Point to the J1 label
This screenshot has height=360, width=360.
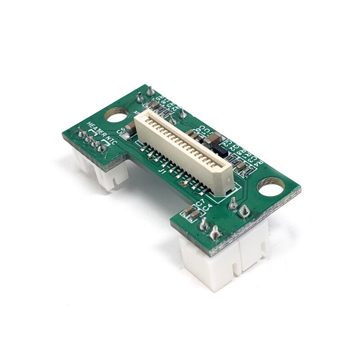click(162, 171)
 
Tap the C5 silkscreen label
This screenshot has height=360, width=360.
click(121, 130)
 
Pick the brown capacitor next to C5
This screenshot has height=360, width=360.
click(130, 129)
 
